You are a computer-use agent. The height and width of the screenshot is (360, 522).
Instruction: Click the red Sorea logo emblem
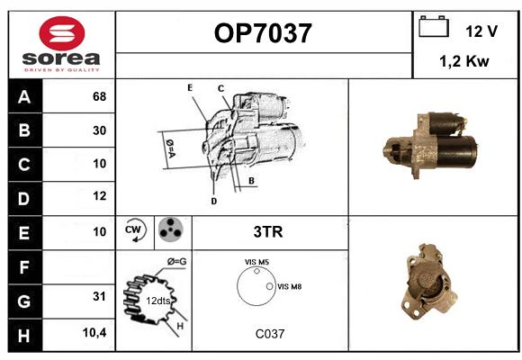tap(62, 33)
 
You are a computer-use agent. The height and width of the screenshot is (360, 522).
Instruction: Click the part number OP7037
tap(263, 33)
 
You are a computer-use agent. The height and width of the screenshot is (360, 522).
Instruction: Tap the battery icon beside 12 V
tap(434, 26)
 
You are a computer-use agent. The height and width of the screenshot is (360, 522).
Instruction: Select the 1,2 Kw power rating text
tap(464, 61)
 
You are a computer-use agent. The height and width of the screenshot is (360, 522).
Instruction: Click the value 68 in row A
tap(100, 96)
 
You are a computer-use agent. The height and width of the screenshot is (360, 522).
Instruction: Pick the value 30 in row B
tap(100, 130)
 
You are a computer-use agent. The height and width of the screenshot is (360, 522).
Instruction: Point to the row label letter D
tap(24, 199)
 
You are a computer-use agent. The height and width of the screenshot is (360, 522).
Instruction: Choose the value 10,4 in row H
tap(94, 332)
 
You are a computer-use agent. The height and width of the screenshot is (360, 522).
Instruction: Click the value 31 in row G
tap(99, 296)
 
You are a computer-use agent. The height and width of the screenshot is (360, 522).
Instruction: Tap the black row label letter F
tap(24, 267)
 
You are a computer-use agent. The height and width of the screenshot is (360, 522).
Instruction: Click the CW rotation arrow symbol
tap(134, 230)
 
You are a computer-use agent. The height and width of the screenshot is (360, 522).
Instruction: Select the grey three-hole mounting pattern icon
tap(171, 229)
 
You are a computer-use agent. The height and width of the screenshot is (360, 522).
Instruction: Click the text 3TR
tap(268, 232)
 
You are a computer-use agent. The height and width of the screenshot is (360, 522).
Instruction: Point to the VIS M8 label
tap(289, 286)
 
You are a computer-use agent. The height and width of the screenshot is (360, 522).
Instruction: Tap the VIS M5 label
tap(256, 262)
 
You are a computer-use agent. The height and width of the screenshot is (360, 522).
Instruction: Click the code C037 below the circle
tap(270, 334)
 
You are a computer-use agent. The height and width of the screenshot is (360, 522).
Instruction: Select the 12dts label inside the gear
tap(158, 301)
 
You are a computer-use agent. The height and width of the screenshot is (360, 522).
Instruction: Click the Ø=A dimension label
tap(170, 148)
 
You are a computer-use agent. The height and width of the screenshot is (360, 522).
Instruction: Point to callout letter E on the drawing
tap(190, 87)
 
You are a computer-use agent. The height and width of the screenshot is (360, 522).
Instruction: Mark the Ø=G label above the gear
tap(176, 262)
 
